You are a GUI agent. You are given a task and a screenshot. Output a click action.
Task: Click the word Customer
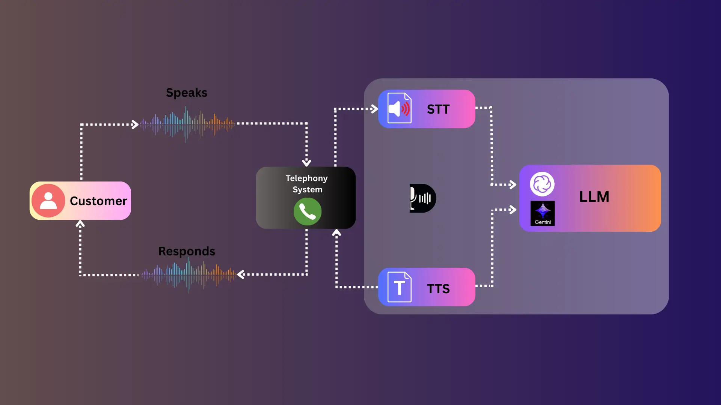point(98,201)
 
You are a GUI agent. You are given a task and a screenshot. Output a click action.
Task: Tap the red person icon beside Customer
point(48,201)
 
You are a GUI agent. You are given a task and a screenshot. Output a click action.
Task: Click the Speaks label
point(187,93)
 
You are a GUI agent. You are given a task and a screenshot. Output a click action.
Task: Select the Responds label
point(187,251)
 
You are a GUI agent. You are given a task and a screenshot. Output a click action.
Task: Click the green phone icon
point(308,212)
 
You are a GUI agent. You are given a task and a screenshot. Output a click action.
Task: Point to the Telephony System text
point(307,184)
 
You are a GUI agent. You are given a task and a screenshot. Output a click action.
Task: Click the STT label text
point(438,109)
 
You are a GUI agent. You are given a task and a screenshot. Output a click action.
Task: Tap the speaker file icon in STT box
point(399,108)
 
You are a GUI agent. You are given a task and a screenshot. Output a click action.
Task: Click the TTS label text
point(438,289)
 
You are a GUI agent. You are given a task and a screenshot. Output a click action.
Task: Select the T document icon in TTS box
point(399,287)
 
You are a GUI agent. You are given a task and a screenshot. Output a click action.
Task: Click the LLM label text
point(594,197)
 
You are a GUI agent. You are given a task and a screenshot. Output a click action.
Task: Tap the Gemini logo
point(543,213)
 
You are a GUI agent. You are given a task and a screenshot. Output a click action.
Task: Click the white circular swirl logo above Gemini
point(542,184)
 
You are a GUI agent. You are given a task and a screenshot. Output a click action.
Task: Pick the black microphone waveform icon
point(422,198)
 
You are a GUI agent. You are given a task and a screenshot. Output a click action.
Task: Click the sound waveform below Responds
point(189,275)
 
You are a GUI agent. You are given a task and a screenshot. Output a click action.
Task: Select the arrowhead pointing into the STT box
point(374,109)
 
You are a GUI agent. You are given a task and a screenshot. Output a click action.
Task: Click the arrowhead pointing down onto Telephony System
point(306,163)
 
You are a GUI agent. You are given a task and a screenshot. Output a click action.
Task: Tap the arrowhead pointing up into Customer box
point(80,224)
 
